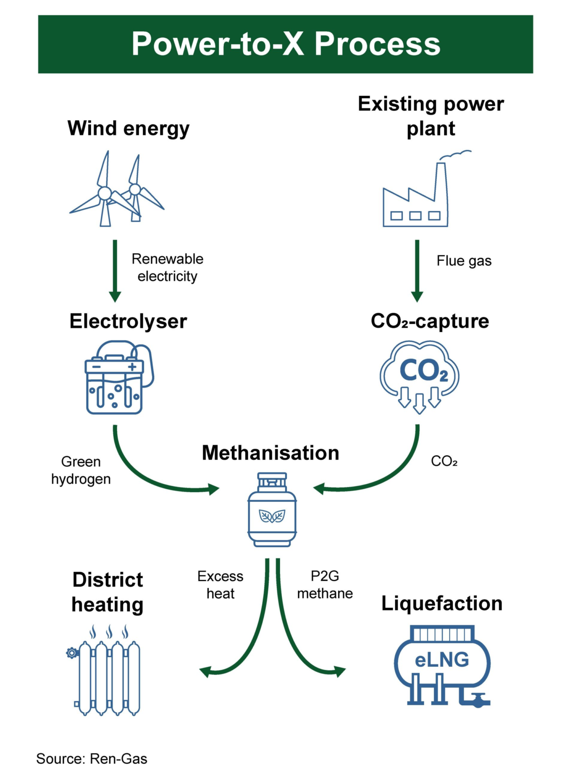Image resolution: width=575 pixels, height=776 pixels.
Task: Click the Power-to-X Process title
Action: (285, 44)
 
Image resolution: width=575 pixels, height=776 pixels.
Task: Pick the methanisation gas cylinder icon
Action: (272, 510)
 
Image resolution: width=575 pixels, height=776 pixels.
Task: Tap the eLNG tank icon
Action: (442, 665)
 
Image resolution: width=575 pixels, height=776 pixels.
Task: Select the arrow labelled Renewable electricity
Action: (115, 270)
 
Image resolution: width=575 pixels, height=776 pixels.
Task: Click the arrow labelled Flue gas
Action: (417, 270)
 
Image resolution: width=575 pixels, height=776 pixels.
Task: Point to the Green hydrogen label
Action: (81, 470)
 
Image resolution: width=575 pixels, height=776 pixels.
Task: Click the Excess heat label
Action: (220, 585)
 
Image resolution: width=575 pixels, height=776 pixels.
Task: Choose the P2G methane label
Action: (325, 585)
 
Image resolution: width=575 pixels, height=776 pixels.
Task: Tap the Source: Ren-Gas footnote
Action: (91, 758)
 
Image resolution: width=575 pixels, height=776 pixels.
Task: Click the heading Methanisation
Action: (270, 453)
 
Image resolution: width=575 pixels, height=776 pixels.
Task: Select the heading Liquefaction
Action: (442, 603)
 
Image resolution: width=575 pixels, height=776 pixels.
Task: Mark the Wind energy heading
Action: (128, 128)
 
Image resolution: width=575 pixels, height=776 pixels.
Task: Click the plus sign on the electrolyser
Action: (132, 367)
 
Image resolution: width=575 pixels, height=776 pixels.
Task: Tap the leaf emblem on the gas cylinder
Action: (272, 516)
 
